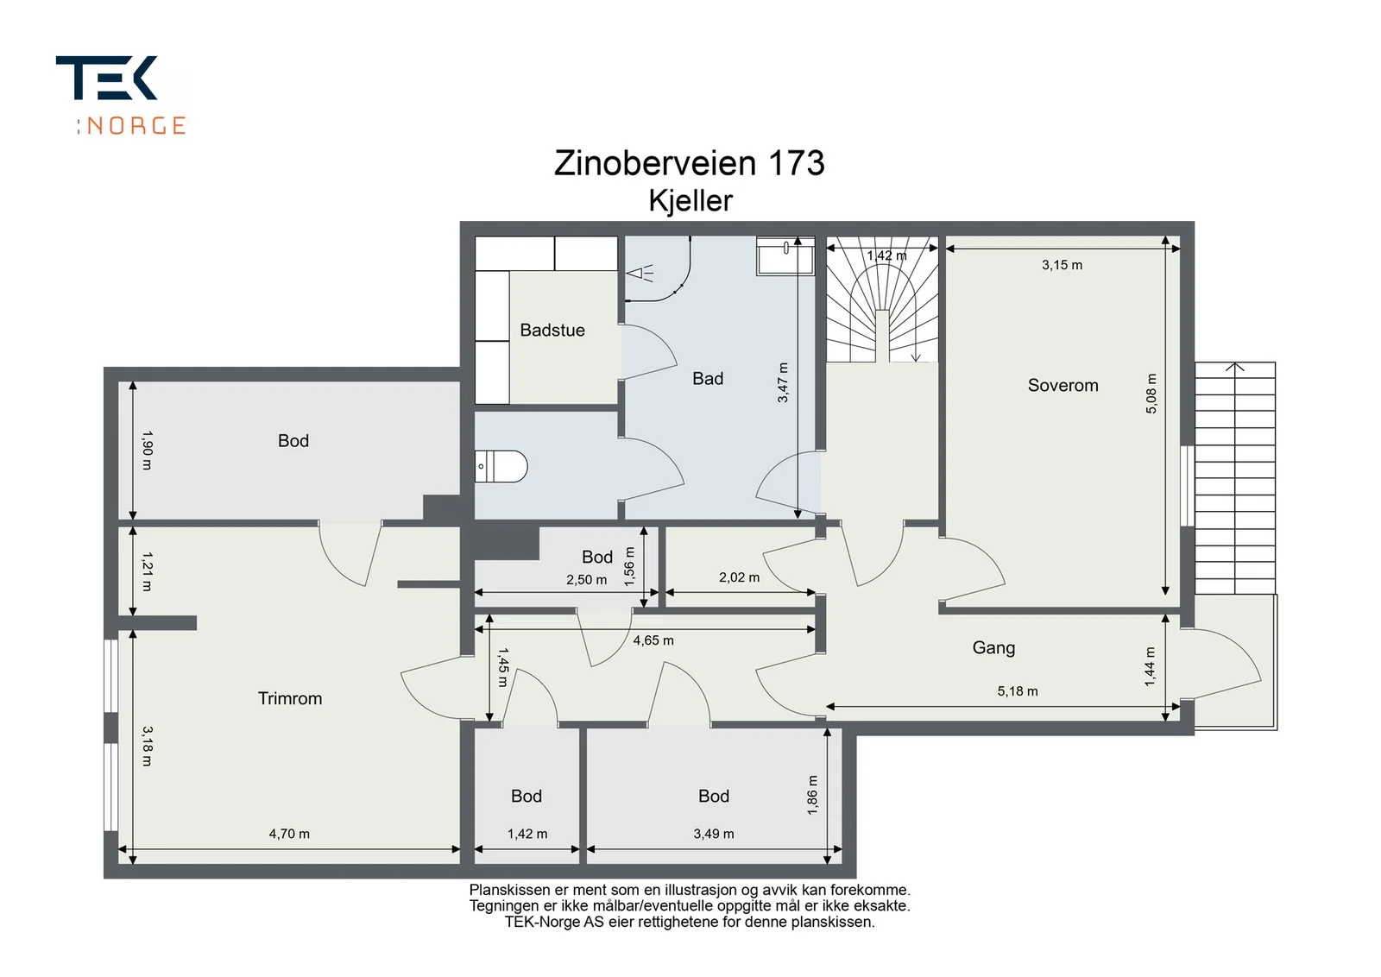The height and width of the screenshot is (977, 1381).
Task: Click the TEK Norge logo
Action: pyautogui.click(x=121, y=95)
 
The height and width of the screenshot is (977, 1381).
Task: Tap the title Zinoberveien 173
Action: pyautogui.click(x=690, y=163)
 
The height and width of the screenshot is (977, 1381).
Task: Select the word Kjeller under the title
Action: pyautogui.click(x=690, y=201)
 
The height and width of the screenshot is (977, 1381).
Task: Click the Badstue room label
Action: pyautogui.click(x=552, y=331)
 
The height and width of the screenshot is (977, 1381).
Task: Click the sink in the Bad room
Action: pyautogui.click(x=785, y=255)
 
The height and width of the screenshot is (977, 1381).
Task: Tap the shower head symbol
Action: pyautogui.click(x=640, y=273)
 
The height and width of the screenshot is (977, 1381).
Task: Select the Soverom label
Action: pyautogui.click(x=1063, y=385)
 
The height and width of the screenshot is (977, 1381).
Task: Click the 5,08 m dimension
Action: pyautogui.click(x=1151, y=394)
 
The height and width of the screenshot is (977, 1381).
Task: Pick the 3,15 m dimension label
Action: pyautogui.click(x=1063, y=265)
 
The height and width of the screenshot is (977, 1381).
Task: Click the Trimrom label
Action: pyautogui.click(x=290, y=698)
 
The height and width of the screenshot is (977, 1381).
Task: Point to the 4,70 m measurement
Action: pyautogui.click(x=289, y=834)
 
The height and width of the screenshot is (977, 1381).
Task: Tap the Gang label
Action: pyautogui.click(x=993, y=648)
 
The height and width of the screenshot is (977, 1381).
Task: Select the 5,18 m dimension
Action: pyautogui.click(x=1018, y=691)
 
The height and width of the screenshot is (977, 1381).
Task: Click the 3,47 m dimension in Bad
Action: pyautogui.click(x=783, y=383)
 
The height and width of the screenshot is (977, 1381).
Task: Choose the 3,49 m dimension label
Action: pyautogui.click(x=714, y=834)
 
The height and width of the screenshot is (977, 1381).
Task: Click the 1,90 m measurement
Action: pyautogui.click(x=148, y=451)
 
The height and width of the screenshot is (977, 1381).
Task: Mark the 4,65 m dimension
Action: pyautogui.click(x=653, y=640)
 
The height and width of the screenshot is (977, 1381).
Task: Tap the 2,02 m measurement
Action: pyautogui.click(x=739, y=577)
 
